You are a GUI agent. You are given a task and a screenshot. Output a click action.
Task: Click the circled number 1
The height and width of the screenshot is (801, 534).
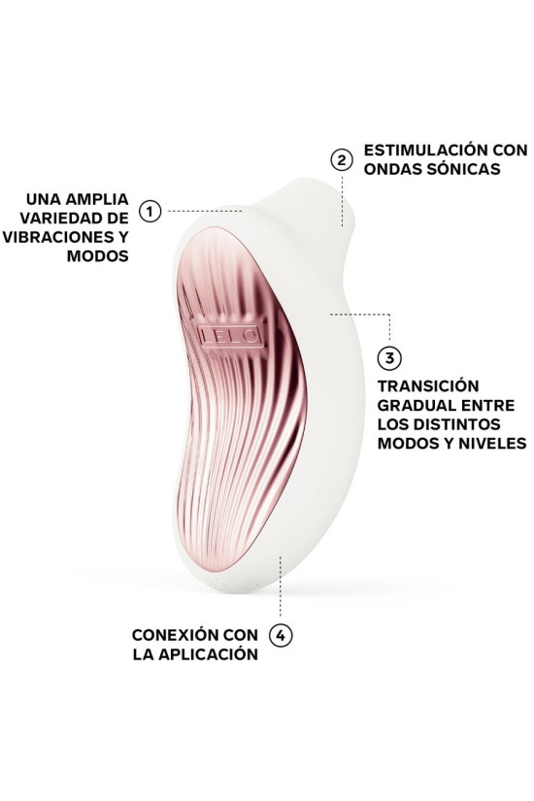click(150, 210)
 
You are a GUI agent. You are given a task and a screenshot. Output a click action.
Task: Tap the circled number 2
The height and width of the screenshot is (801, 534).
click(341, 159)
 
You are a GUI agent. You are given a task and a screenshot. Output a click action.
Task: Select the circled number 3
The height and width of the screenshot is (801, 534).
click(388, 358)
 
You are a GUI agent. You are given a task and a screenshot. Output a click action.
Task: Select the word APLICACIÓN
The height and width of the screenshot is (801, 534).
click(208, 653)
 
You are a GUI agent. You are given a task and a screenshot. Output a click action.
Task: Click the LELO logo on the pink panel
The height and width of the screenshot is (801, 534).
click(230, 337)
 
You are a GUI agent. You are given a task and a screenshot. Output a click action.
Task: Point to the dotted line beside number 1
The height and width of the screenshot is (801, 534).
click(208, 210)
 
